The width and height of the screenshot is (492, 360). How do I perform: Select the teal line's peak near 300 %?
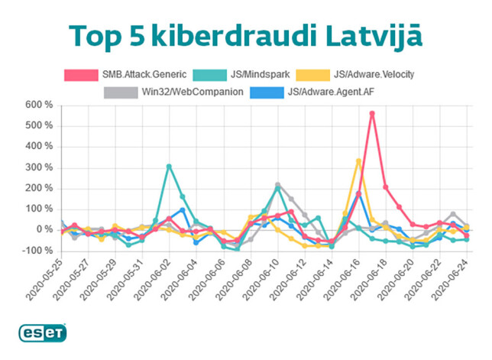pyautogui.click(x=169, y=166)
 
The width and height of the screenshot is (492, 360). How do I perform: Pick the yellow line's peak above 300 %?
pyautogui.click(x=358, y=161)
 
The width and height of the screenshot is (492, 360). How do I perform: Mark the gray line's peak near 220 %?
pyautogui.click(x=277, y=184)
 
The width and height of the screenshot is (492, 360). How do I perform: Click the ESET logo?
pyautogui.click(x=43, y=333)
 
